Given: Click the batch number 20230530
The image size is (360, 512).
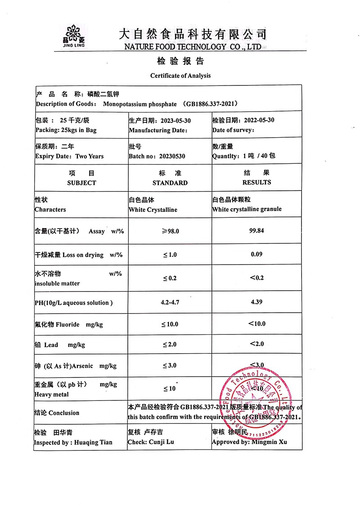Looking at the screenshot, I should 170,156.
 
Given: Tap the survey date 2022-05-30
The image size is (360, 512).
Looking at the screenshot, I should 259,120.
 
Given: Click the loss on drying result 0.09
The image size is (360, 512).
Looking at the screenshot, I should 256,254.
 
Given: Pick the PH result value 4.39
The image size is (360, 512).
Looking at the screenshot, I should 256,302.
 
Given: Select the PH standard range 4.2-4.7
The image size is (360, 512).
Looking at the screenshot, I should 170,302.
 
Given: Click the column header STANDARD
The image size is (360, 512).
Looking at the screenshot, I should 170,183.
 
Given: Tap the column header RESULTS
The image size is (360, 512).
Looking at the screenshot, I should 256,182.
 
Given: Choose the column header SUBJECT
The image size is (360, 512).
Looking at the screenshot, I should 81,183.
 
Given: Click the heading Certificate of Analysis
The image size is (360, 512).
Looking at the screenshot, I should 180,76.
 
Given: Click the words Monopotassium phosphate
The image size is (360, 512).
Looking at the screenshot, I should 139,104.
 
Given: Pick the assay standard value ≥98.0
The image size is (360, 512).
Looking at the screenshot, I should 170,231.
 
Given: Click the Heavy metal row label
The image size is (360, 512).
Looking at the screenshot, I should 52,395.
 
